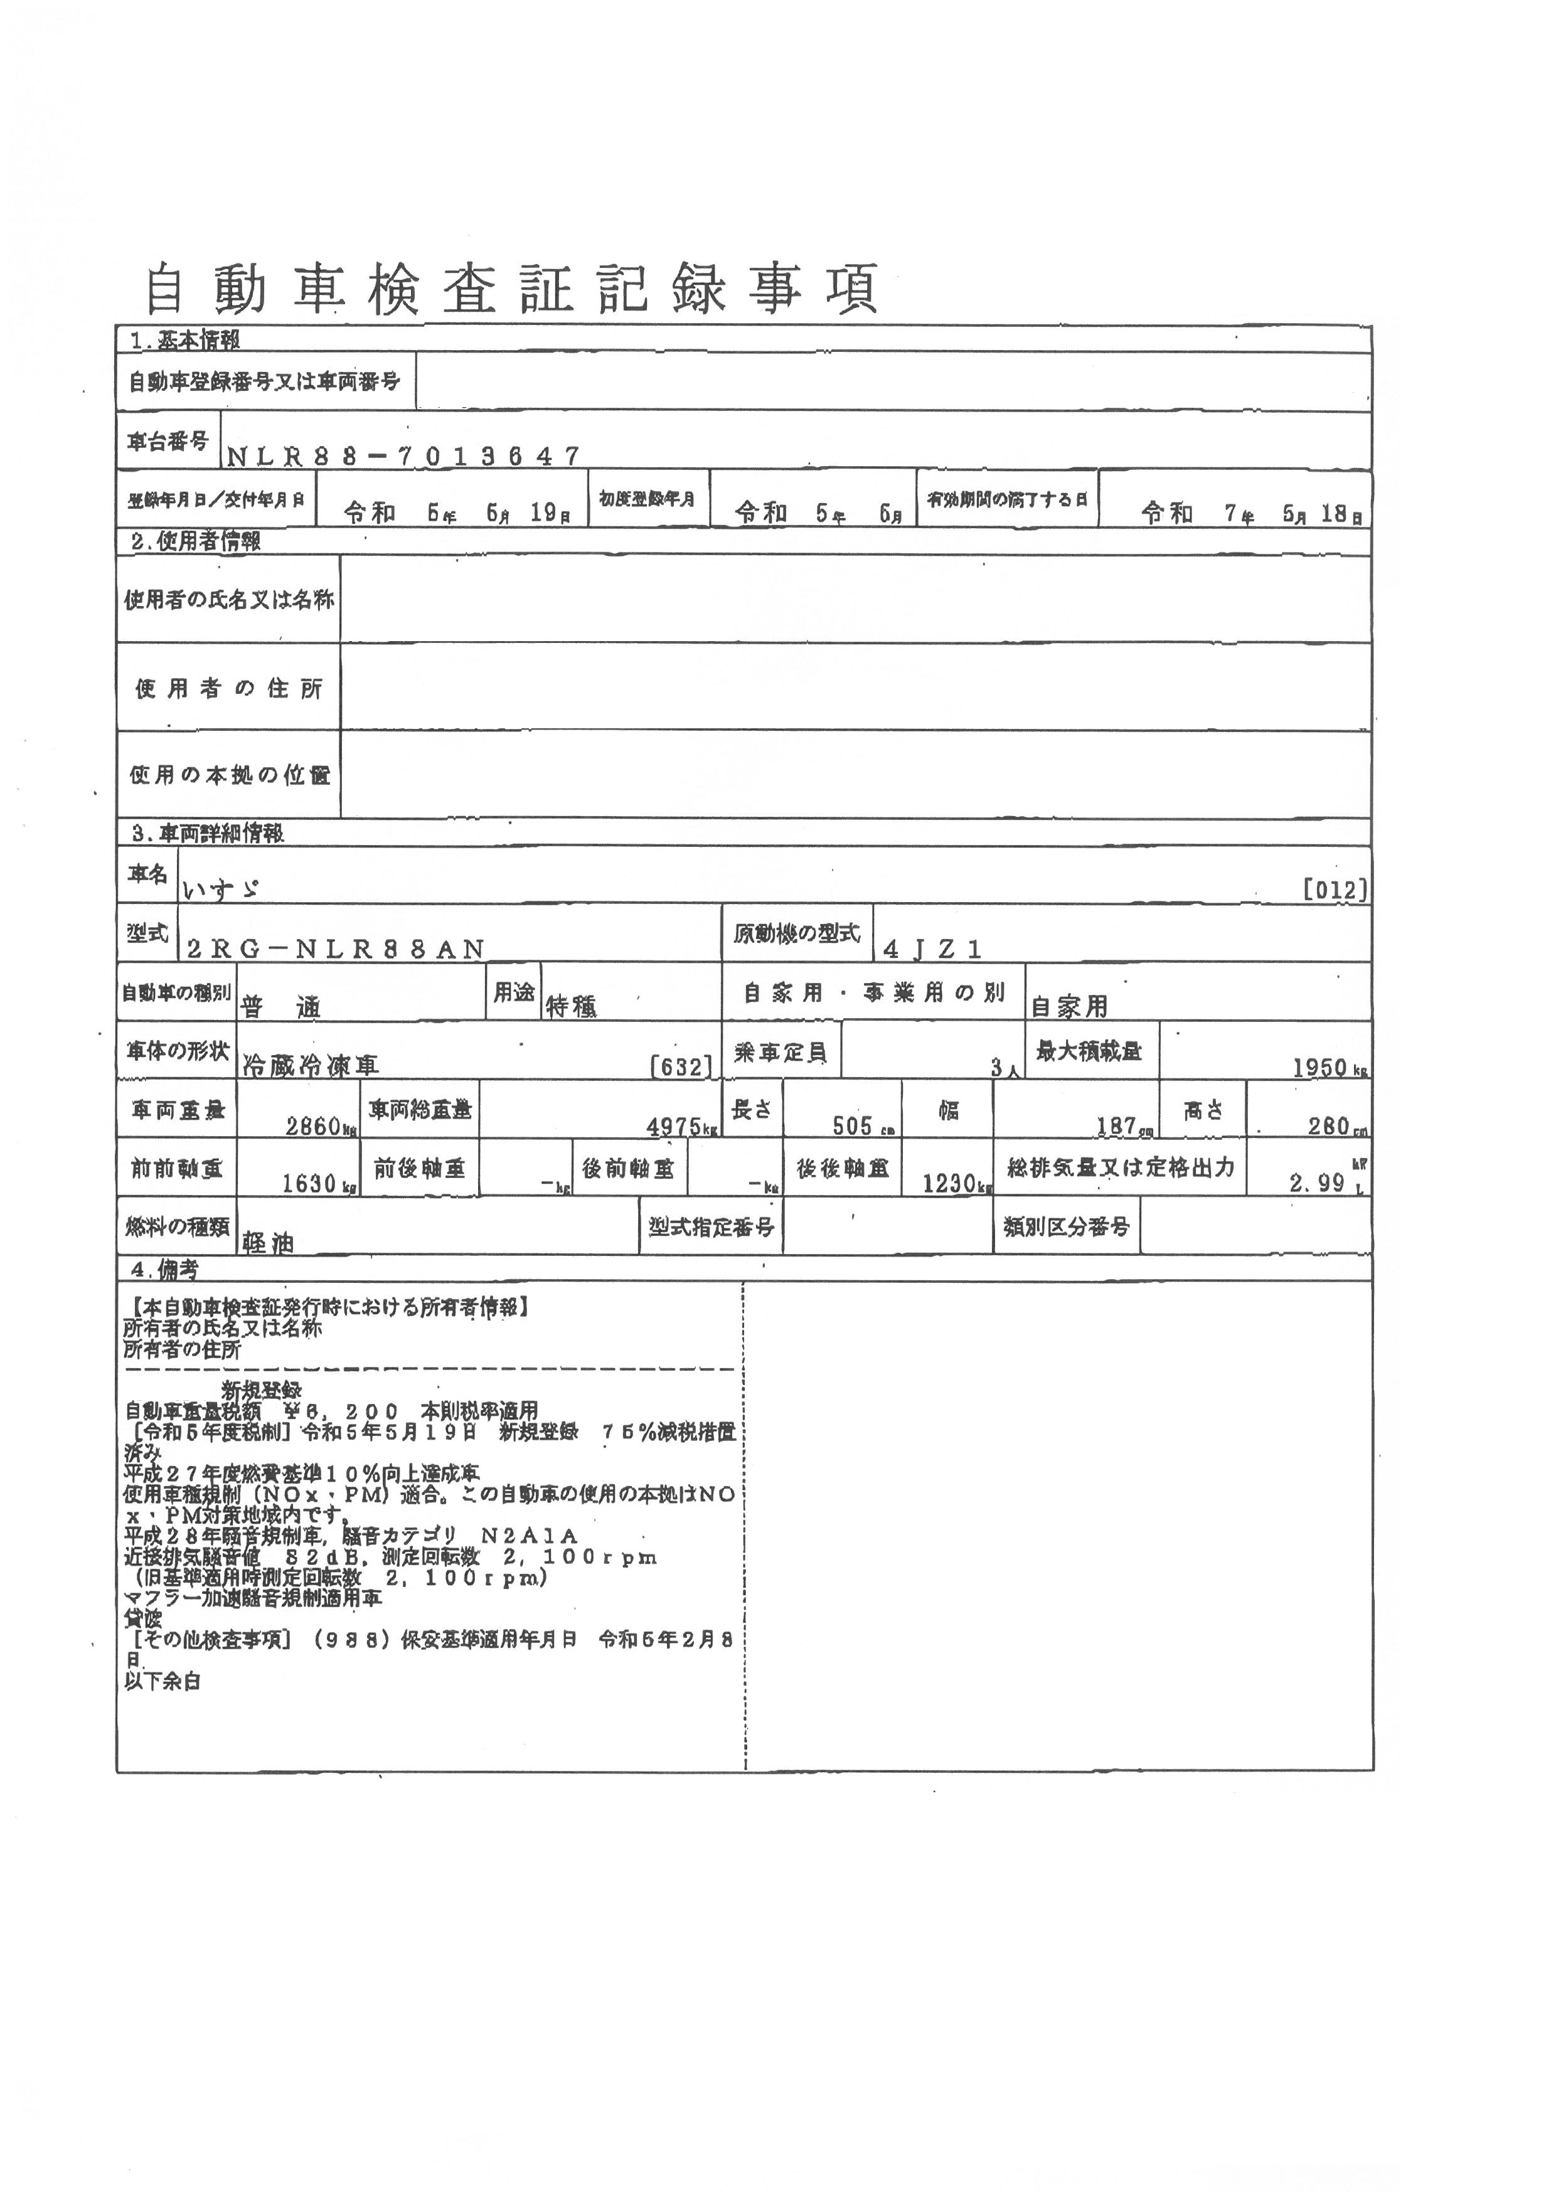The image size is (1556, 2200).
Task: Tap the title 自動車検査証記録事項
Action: click(511, 289)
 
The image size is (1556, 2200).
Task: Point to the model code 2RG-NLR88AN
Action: click(335, 949)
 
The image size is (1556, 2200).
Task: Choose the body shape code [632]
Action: click(681, 1066)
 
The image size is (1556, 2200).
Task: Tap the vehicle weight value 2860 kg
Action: click(320, 1126)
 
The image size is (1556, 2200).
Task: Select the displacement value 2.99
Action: click(1318, 1183)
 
